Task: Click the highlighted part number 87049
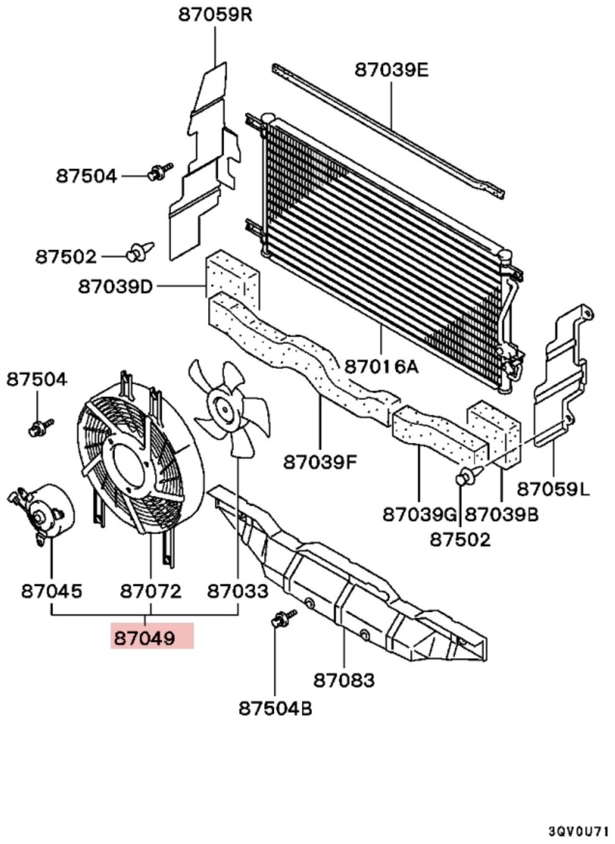click(145, 638)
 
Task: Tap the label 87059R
click(215, 16)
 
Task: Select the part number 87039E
click(392, 70)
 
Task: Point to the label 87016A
click(381, 366)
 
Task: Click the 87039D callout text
click(115, 287)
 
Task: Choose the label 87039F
click(320, 462)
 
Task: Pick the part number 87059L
click(553, 489)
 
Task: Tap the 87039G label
click(420, 515)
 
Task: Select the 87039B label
click(502, 515)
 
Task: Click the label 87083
click(344, 680)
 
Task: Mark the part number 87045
click(52, 591)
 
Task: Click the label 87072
click(151, 591)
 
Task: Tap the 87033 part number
click(238, 591)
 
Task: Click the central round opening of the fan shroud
click(129, 465)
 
